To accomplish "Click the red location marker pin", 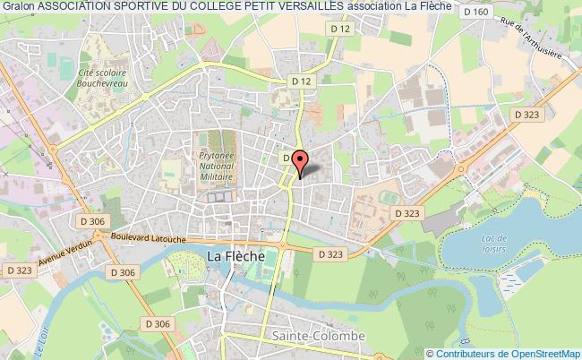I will pos(299,162).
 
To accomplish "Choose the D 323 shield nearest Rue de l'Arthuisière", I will pos(527,116).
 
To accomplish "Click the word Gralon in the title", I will pos(18,8).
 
